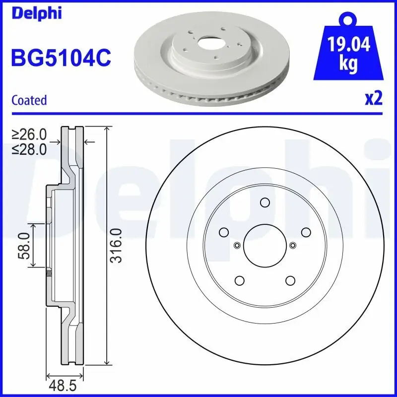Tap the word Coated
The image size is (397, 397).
coord(29,100)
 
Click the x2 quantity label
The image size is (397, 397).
coord(373,99)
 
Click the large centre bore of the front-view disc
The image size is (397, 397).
coord(265,245)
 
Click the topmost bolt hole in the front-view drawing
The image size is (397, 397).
coord(265,202)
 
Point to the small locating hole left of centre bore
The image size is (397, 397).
coord(237,245)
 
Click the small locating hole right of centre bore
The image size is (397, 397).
coord(292,245)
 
